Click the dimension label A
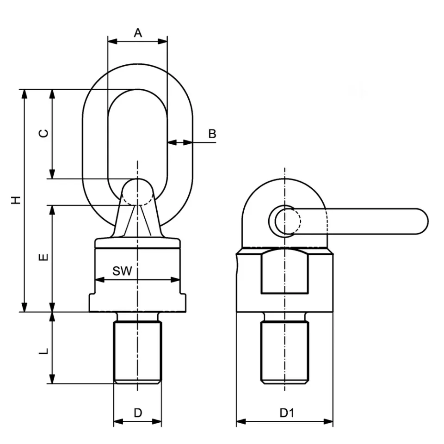pos(138,33)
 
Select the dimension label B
pos(212,134)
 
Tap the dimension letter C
pos(43,133)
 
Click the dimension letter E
pos(43,257)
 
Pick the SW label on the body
pos(122,271)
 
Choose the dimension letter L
pos(43,351)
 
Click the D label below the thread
pos(138,413)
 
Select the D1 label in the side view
pos(287,413)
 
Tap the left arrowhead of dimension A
pos(112,42)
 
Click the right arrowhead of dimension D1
pos(328,422)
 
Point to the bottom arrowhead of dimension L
pos(52,379)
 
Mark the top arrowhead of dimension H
pos(25,94)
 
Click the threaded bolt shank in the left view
pos(138,352)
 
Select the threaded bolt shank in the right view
pos(284,353)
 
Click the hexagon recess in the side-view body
pos(284,271)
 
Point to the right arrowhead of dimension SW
pos(175,280)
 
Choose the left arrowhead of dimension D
pos(118,422)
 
